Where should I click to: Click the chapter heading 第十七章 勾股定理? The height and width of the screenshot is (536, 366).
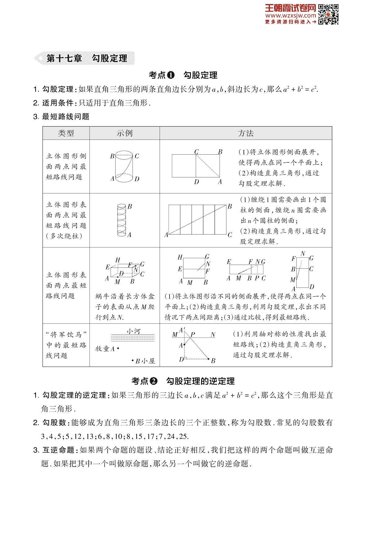(x=86, y=58)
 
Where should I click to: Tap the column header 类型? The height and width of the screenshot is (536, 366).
(x=66, y=133)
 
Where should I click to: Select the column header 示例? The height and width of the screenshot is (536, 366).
(x=125, y=133)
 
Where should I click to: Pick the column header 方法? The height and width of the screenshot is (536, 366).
(x=246, y=133)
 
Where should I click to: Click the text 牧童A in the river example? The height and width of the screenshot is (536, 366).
(x=105, y=349)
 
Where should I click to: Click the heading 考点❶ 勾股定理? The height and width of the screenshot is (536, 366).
(x=183, y=75)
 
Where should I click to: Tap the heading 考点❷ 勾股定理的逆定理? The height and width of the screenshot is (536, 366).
(x=183, y=381)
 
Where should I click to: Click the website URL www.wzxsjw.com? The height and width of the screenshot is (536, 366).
(x=290, y=15)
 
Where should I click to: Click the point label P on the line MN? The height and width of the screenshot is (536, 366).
(x=193, y=335)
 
